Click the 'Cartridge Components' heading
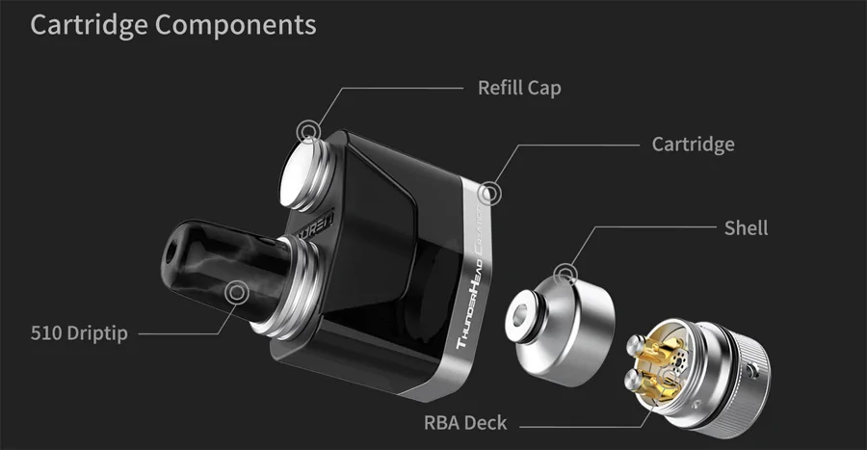point(173,25)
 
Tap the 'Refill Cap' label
point(519,88)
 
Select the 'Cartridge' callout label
point(693,145)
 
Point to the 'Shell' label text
point(746,227)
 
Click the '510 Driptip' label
point(79,332)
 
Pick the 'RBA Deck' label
point(465,423)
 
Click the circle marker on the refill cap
point(308,132)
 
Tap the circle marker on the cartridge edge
point(488,194)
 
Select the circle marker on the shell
point(565,275)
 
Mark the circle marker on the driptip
point(237,292)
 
